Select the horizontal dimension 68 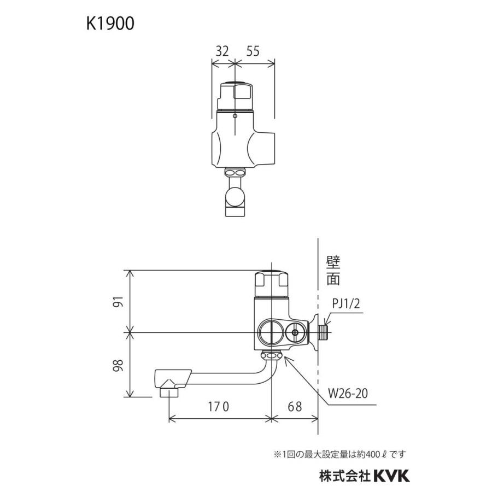click(x=294, y=407)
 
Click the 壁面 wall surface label click(x=335, y=272)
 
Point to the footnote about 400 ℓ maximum click(x=339, y=454)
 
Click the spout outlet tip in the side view click(x=169, y=391)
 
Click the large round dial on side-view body click(x=270, y=332)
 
